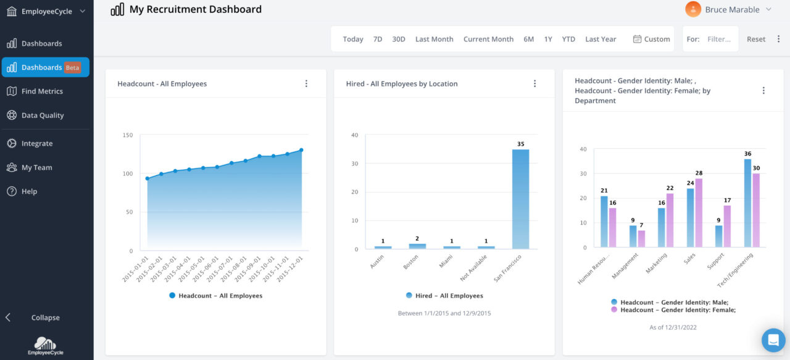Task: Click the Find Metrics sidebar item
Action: click(x=42, y=91)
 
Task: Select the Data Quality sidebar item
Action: click(x=43, y=115)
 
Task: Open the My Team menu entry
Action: click(x=36, y=167)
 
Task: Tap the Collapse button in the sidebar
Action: click(x=45, y=317)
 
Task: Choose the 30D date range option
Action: click(x=399, y=39)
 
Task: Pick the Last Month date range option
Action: click(x=434, y=39)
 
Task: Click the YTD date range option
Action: click(x=568, y=39)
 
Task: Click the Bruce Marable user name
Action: click(x=732, y=9)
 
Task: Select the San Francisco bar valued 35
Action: click(x=520, y=199)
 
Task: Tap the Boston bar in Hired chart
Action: click(x=417, y=246)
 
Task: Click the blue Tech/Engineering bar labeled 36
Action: click(x=747, y=203)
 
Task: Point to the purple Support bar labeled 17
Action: click(x=727, y=226)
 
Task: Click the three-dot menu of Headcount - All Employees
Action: click(x=306, y=84)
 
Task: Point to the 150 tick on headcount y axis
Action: click(x=128, y=135)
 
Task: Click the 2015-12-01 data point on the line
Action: click(x=301, y=150)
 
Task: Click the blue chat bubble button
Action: click(x=773, y=340)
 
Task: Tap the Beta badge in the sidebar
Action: click(x=72, y=68)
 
